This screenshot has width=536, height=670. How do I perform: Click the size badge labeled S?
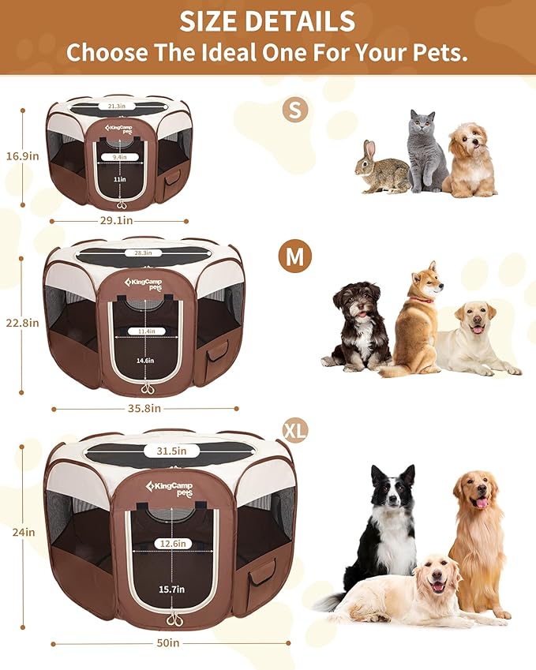pyautogui.click(x=295, y=110)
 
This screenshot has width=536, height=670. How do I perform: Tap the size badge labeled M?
pyautogui.click(x=294, y=256)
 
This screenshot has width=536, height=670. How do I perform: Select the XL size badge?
pyautogui.click(x=294, y=430)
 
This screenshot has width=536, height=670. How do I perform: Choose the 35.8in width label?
pyautogui.click(x=145, y=409)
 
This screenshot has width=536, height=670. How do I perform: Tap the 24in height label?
pyautogui.click(x=24, y=533)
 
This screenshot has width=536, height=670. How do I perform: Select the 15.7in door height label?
pyautogui.click(x=171, y=590)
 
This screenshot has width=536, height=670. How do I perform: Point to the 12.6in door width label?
pyautogui.click(x=171, y=543)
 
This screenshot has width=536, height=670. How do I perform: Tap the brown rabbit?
pyautogui.click(x=382, y=168)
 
